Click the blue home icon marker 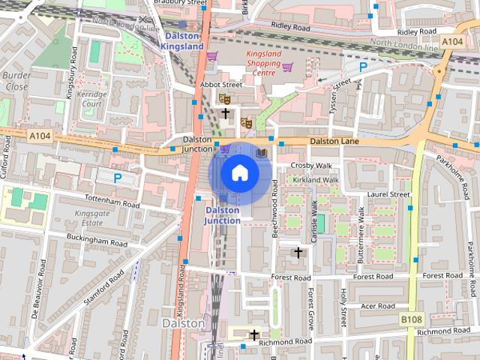coord(239,173)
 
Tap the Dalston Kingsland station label coord(182,40)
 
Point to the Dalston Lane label coord(334,141)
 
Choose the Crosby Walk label coord(312,165)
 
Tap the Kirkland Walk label coord(316,180)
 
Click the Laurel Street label coord(388,194)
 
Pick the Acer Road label coord(377,306)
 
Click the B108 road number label coord(410,319)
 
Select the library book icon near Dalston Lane coord(261,152)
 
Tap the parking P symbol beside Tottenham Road coord(117,178)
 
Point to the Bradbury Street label coord(179,3)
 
